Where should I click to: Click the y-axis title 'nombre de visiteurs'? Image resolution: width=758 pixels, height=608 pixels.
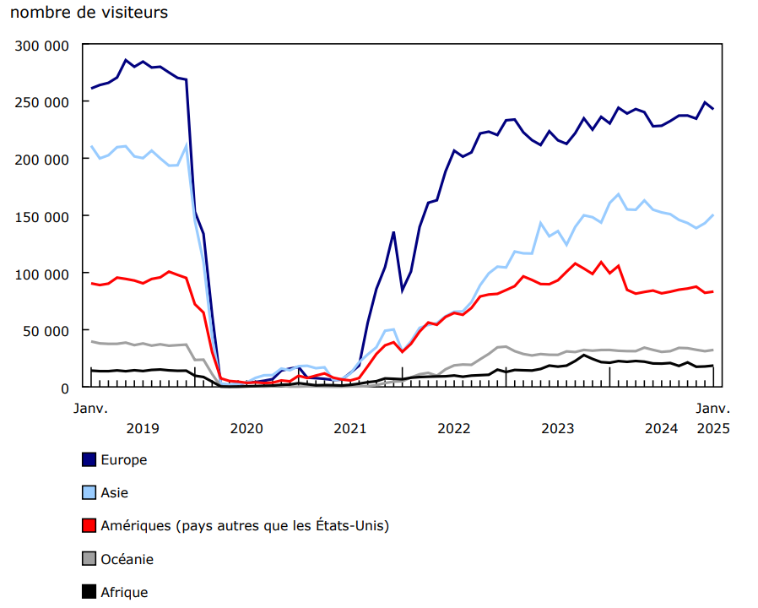[x=89, y=13]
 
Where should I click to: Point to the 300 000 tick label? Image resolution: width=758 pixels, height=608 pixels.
[x=41, y=45]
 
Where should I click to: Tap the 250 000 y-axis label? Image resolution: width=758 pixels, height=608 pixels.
[x=41, y=101]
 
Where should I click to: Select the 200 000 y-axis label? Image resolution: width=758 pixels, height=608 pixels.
[x=41, y=159]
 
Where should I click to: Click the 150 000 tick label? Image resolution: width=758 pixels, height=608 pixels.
[x=41, y=216]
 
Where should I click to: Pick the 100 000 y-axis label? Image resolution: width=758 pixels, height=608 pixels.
[x=41, y=274]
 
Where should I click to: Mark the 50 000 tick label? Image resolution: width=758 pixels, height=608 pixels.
[x=45, y=330]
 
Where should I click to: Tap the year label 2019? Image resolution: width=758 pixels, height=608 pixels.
[x=143, y=428]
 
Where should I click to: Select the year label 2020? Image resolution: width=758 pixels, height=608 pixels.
[x=246, y=428]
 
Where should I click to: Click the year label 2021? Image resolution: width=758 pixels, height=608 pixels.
[x=350, y=428]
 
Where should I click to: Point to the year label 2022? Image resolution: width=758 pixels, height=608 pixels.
[x=454, y=428]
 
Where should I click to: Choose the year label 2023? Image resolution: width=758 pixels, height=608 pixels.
[x=558, y=428]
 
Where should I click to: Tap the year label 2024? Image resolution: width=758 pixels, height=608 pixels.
[x=661, y=428]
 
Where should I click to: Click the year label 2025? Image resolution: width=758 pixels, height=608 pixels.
[x=713, y=428]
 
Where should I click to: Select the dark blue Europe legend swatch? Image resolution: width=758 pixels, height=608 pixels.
[x=89, y=459]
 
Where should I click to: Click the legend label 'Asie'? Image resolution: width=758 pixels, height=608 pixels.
[x=115, y=492]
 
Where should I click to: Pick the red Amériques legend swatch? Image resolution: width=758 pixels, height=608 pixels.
[x=89, y=525]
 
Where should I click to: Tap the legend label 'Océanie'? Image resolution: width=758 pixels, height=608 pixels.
[x=127, y=559]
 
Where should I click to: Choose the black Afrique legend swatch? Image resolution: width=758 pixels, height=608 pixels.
[x=89, y=592]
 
